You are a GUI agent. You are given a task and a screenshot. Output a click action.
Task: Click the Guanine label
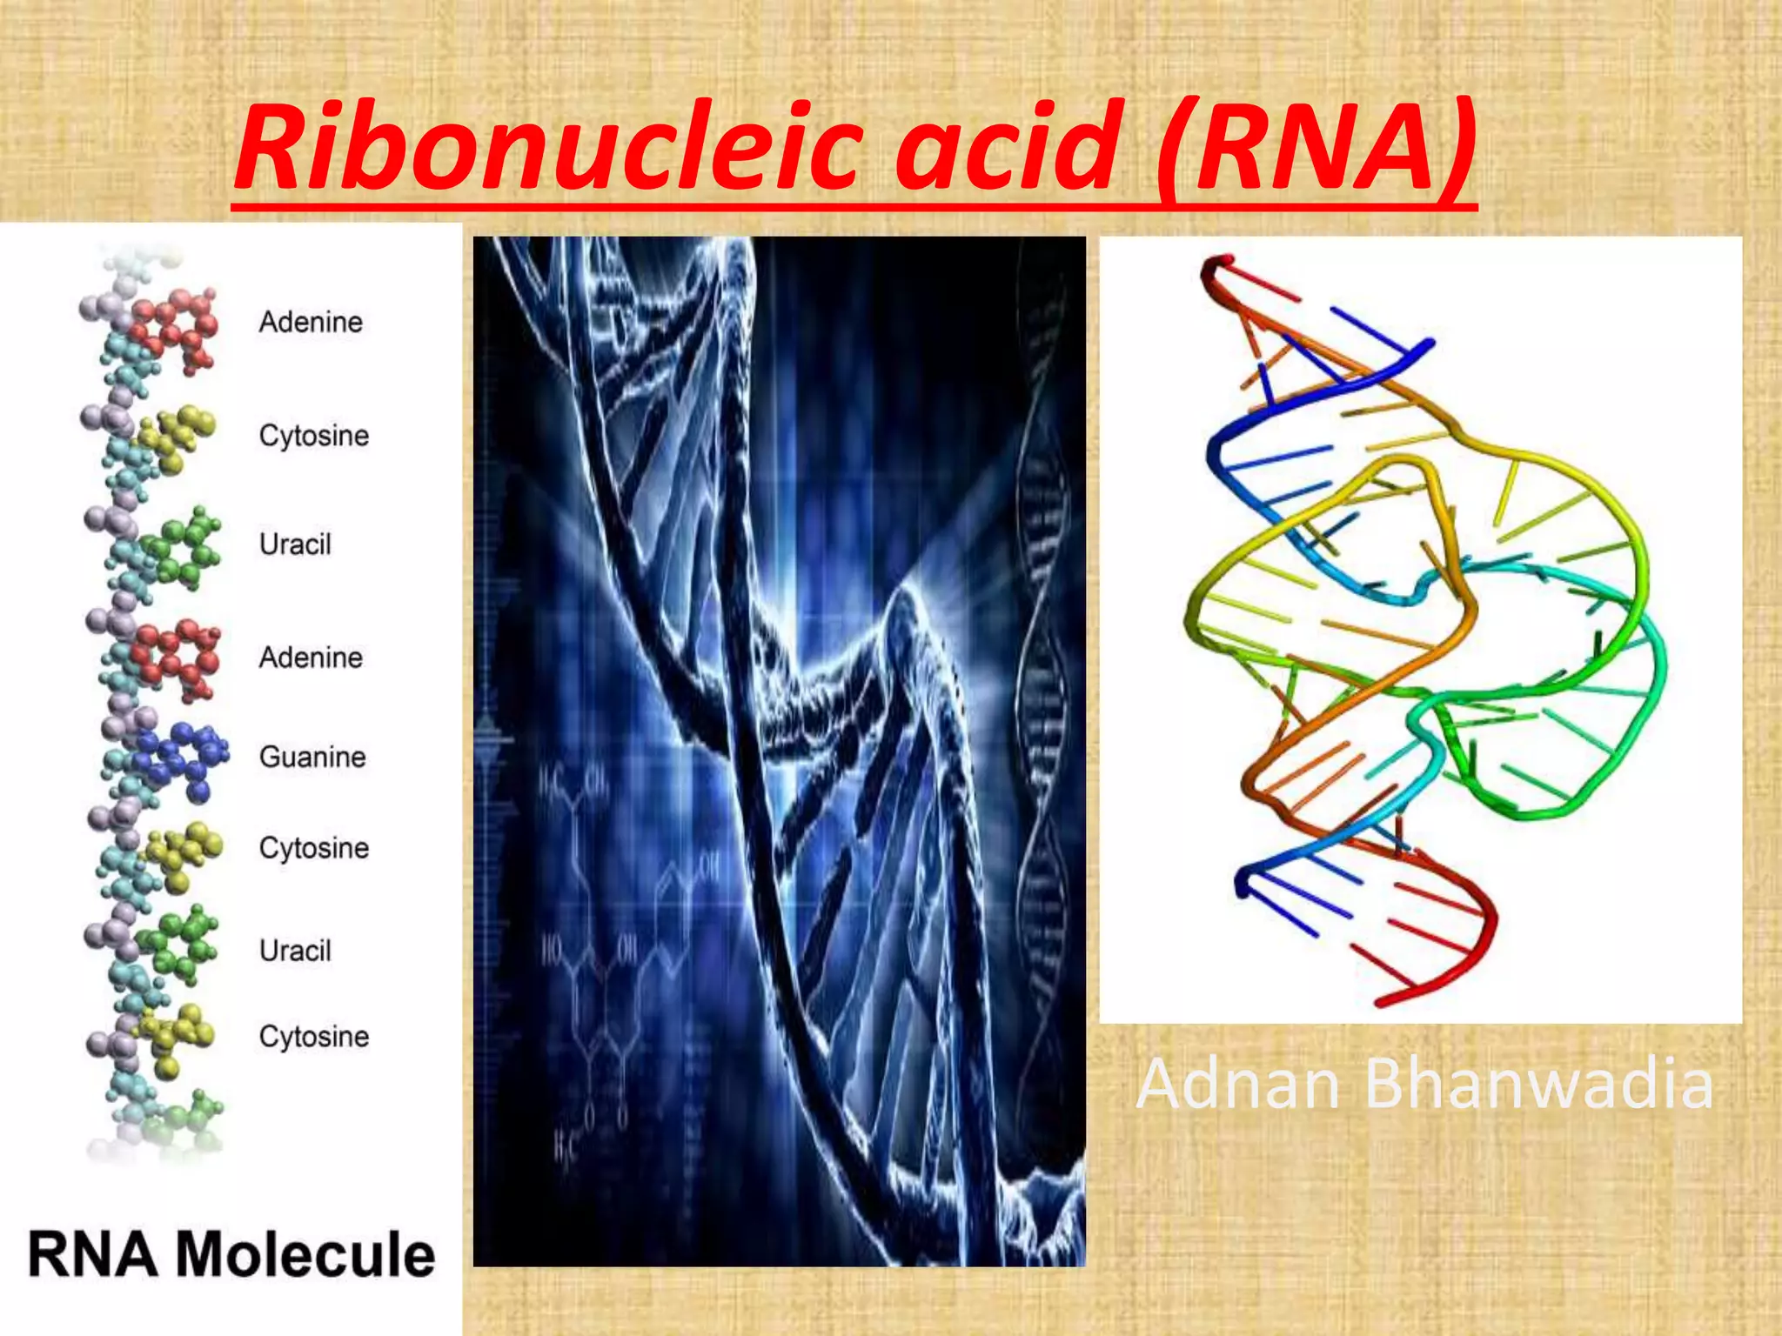pyautogui.click(x=312, y=757)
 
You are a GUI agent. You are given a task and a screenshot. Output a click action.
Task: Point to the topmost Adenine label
pyautogui.click(x=311, y=322)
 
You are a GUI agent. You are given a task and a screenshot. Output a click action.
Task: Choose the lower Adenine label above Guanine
pyautogui.click(x=311, y=658)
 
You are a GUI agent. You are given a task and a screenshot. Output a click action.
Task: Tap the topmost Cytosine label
pyautogui.click(x=314, y=435)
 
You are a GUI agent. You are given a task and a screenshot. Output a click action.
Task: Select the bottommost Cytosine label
pyautogui.click(x=314, y=1036)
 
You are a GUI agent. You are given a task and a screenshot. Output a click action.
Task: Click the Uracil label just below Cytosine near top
pyautogui.click(x=295, y=544)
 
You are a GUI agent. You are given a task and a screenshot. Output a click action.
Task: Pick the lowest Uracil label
pyautogui.click(x=295, y=950)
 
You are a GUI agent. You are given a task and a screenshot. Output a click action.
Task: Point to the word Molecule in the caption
pyautogui.click(x=305, y=1254)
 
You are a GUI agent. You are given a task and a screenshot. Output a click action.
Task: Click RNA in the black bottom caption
pyautogui.click(x=93, y=1254)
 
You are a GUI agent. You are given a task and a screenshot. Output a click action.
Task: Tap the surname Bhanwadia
pyautogui.click(x=1538, y=1084)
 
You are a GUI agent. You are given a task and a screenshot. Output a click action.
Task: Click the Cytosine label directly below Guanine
pyautogui.click(x=314, y=847)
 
